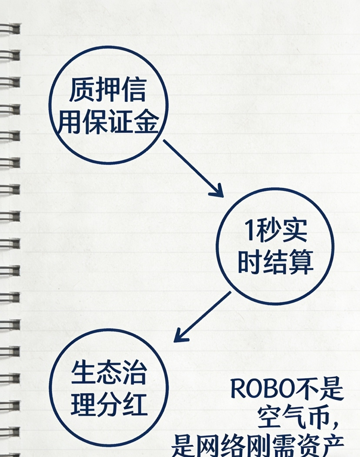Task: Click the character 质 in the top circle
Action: point(82,90)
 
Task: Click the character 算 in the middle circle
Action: point(300,262)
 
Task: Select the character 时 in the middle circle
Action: point(249,262)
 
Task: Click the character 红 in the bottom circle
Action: point(135,404)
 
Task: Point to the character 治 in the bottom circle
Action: point(134,372)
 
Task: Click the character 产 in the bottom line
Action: point(332,446)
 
